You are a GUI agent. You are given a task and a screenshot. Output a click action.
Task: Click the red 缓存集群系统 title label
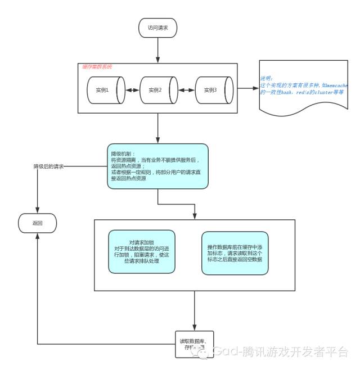point(97,67)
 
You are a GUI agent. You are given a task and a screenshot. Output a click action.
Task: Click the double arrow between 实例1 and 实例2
point(130,90)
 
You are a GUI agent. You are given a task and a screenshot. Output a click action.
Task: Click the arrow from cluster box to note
point(247,89)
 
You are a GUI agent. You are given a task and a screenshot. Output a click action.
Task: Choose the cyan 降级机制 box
point(157,165)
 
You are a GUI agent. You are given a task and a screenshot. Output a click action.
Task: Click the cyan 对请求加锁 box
point(141,251)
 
